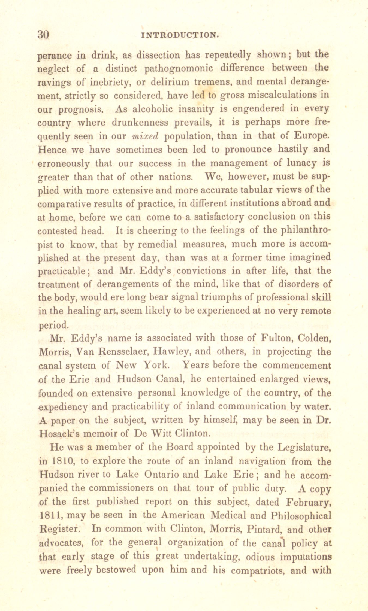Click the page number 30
coord(43,35)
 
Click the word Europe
coord(312,135)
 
